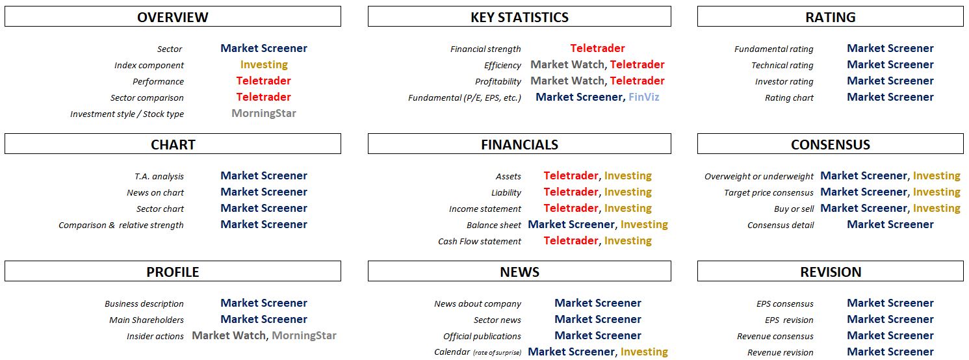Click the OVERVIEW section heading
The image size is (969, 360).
173,18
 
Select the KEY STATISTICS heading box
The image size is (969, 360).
519,16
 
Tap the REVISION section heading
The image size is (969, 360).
831,272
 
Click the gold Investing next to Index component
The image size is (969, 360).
264,64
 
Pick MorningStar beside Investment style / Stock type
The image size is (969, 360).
264,113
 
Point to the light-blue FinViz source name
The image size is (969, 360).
643,97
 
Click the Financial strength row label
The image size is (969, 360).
485,49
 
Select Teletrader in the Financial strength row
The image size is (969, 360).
597,48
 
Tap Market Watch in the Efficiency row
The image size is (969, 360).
567,64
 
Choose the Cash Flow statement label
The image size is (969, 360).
480,242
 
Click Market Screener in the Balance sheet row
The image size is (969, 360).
571,225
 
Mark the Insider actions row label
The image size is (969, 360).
155,336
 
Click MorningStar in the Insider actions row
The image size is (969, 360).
304,335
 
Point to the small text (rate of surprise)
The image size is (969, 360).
497,353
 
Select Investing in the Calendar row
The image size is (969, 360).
644,352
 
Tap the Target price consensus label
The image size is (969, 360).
769,192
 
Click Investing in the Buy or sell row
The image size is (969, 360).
937,208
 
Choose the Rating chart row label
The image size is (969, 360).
789,97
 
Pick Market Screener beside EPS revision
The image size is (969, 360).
890,319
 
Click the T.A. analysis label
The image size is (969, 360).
159,177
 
